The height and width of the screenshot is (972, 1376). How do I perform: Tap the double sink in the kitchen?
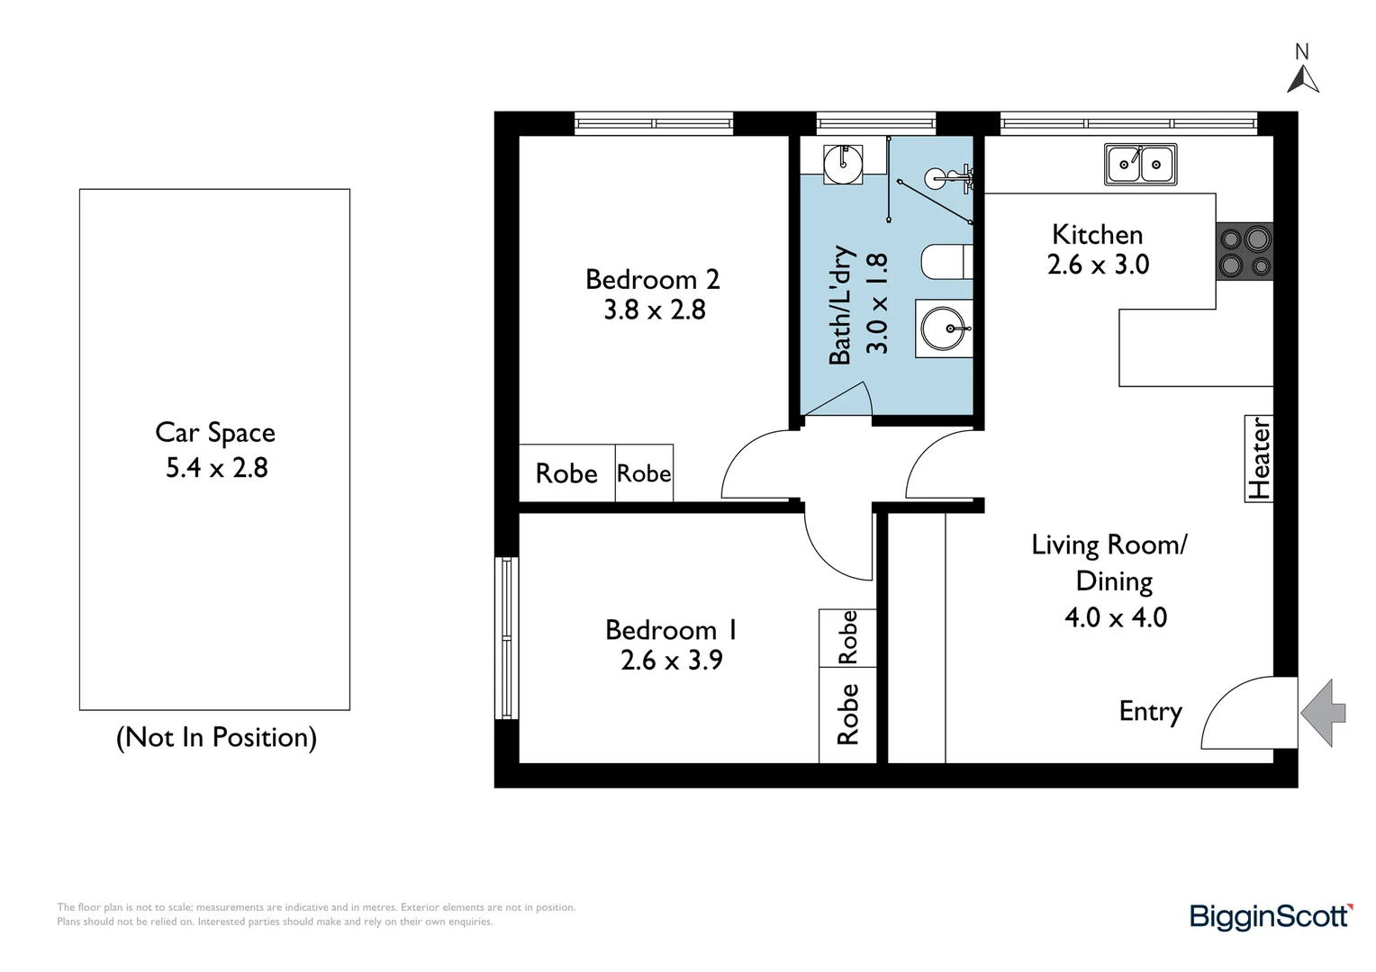tap(1140, 165)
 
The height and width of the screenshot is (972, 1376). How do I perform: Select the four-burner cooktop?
tap(1245, 252)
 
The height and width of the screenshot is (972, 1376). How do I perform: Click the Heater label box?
tap(1259, 458)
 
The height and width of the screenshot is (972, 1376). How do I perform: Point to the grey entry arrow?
tap(1323, 713)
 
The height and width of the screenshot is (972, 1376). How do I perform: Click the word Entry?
tap(1150, 711)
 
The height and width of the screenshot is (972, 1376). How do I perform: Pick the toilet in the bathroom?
tap(946, 262)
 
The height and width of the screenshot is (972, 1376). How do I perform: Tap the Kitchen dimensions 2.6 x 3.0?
tap(1098, 265)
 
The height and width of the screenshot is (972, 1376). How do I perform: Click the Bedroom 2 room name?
tap(653, 279)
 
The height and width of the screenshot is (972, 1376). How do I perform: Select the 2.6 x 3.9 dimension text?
tap(672, 661)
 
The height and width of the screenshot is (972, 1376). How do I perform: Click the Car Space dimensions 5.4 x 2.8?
tap(216, 468)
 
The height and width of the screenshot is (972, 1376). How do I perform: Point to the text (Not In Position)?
tap(216, 737)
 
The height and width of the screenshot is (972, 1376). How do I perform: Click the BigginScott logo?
tap(1271, 916)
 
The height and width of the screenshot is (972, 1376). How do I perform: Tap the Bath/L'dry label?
tap(840, 305)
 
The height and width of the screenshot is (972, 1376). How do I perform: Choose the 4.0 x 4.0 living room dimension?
tap(1115, 617)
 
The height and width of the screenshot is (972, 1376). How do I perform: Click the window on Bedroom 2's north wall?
tap(654, 123)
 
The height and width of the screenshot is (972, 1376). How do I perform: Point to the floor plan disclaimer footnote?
tap(315, 914)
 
